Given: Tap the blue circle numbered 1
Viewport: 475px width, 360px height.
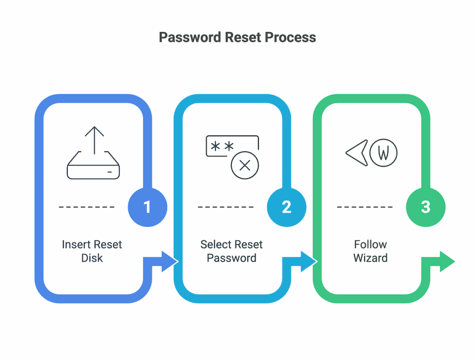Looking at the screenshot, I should tap(147, 206).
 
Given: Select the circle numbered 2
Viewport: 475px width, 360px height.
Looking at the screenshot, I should tap(286, 206).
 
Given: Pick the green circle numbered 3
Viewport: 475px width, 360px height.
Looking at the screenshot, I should tap(425, 206).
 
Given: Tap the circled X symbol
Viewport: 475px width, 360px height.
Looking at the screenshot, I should tap(244, 165).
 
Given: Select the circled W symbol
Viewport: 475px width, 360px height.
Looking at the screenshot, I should tap(383, 152).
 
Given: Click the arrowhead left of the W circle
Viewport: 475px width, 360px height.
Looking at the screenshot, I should tap(356, 152).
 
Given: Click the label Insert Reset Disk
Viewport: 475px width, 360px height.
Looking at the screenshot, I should tap(92, 251).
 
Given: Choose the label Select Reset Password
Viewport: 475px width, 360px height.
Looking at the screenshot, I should tap(231, 251).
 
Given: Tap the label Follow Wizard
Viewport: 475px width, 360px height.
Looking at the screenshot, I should tap(370, 251).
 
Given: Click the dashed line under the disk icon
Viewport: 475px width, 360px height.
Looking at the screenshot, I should tap(87, 207).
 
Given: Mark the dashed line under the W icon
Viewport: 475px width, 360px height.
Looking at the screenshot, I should tap(365, 207).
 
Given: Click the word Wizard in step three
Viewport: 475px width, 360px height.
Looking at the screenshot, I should tap(370, 258).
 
